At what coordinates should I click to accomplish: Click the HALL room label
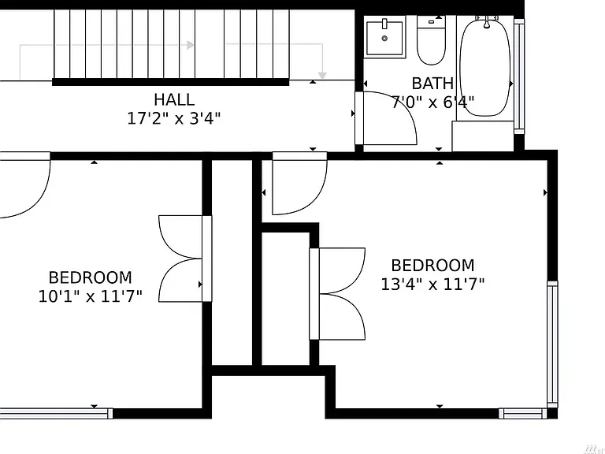coord(174,99)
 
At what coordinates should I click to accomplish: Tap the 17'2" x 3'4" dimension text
coord(174,118)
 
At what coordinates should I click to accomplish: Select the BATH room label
coord(432,84)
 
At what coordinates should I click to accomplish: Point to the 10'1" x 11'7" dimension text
coord(91,296)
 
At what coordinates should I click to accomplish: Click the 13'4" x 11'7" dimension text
coord(432,285)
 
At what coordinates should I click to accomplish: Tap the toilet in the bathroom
coord(432,40)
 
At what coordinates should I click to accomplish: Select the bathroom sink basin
coord(384,38)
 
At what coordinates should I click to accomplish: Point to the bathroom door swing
coord(389,118)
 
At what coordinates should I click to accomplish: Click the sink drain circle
coord(384,38)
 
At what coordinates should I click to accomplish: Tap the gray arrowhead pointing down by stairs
coord(322,76)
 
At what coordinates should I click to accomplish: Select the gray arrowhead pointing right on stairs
coord(190,45)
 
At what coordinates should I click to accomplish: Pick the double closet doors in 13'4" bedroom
coord(337,294)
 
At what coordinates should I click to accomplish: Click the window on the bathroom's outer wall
coord(519,76)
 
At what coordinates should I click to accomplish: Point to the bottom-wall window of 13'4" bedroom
coord(523,414)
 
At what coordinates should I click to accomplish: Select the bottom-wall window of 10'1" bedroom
coord(57,414)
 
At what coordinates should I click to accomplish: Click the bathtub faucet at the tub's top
coord(487,21)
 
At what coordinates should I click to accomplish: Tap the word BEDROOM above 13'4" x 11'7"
coord(432,266)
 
